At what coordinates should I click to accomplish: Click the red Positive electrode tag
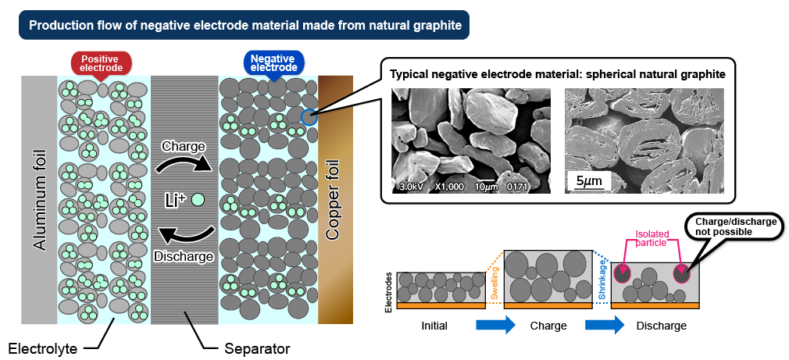101,62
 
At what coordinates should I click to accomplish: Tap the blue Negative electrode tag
273,62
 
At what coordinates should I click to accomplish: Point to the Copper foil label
334,200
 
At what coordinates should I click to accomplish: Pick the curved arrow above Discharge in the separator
186,236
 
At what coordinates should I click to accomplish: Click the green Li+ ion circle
198,200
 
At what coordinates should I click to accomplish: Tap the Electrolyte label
43,348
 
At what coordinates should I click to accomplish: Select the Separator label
257,348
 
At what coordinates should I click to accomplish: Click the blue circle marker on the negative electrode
309,117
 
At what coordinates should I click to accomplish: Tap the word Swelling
494,284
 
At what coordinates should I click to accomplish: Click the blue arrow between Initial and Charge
495,325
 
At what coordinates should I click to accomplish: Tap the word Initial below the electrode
434,326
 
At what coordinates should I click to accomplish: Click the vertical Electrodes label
388,293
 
